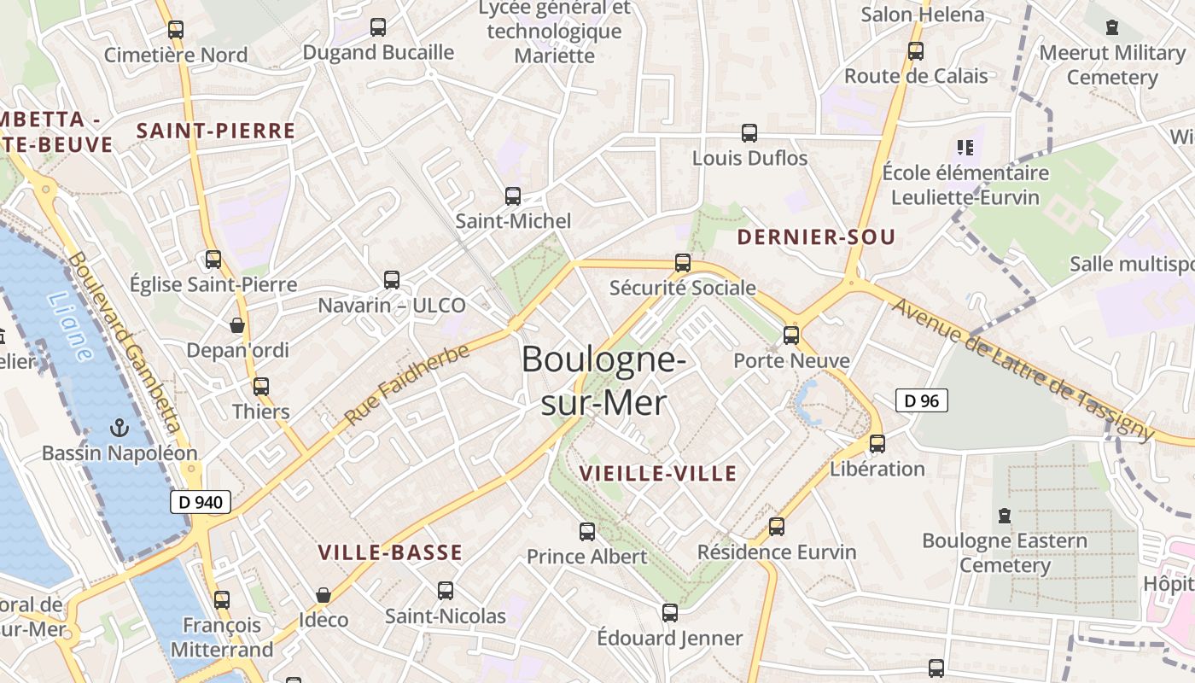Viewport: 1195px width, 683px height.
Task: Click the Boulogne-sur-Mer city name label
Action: (603, 380)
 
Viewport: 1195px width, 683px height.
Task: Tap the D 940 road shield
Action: (201, 502)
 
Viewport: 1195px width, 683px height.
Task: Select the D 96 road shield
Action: (922, 400)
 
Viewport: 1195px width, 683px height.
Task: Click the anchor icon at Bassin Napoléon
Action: (119, 427)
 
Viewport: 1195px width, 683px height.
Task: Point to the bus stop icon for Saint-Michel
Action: (513, 196)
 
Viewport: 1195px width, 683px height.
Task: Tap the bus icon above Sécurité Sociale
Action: (683, 263)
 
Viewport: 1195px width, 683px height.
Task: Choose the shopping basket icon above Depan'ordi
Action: (237, 325)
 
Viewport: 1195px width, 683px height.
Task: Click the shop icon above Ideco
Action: (324, 595)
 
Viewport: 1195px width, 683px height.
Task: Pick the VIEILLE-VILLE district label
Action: (657, 474)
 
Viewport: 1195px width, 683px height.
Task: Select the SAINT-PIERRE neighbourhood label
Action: (216, 131)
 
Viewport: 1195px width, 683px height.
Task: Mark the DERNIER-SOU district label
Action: (816, 237)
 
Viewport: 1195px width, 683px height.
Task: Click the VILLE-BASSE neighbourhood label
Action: (390, 553)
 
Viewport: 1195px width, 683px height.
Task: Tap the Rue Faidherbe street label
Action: (407, 385)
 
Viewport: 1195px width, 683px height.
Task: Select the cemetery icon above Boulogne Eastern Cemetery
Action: (1005, 516)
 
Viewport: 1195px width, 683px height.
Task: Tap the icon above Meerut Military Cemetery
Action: (1111, 27)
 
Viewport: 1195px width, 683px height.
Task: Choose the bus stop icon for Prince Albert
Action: (587, 532)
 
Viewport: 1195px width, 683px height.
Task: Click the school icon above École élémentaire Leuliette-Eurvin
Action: (965, 148)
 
